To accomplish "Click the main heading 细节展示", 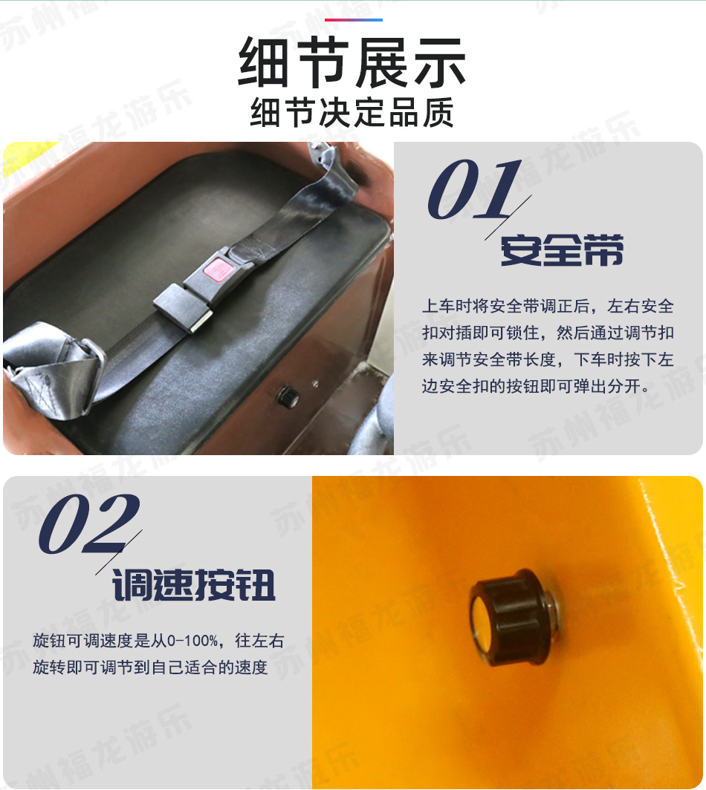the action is point(352,62).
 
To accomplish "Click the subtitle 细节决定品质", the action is point(352,112).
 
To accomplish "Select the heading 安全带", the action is point(562,250).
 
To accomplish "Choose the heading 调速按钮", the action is point(194,585).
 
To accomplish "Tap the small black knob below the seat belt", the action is point(288,396).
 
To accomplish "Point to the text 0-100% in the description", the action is point(192,641).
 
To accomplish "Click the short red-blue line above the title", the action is point(353,20).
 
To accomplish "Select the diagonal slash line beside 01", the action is point(508,217).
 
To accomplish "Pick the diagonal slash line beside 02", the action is point(119,552).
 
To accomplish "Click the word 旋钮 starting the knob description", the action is point(49,641).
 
